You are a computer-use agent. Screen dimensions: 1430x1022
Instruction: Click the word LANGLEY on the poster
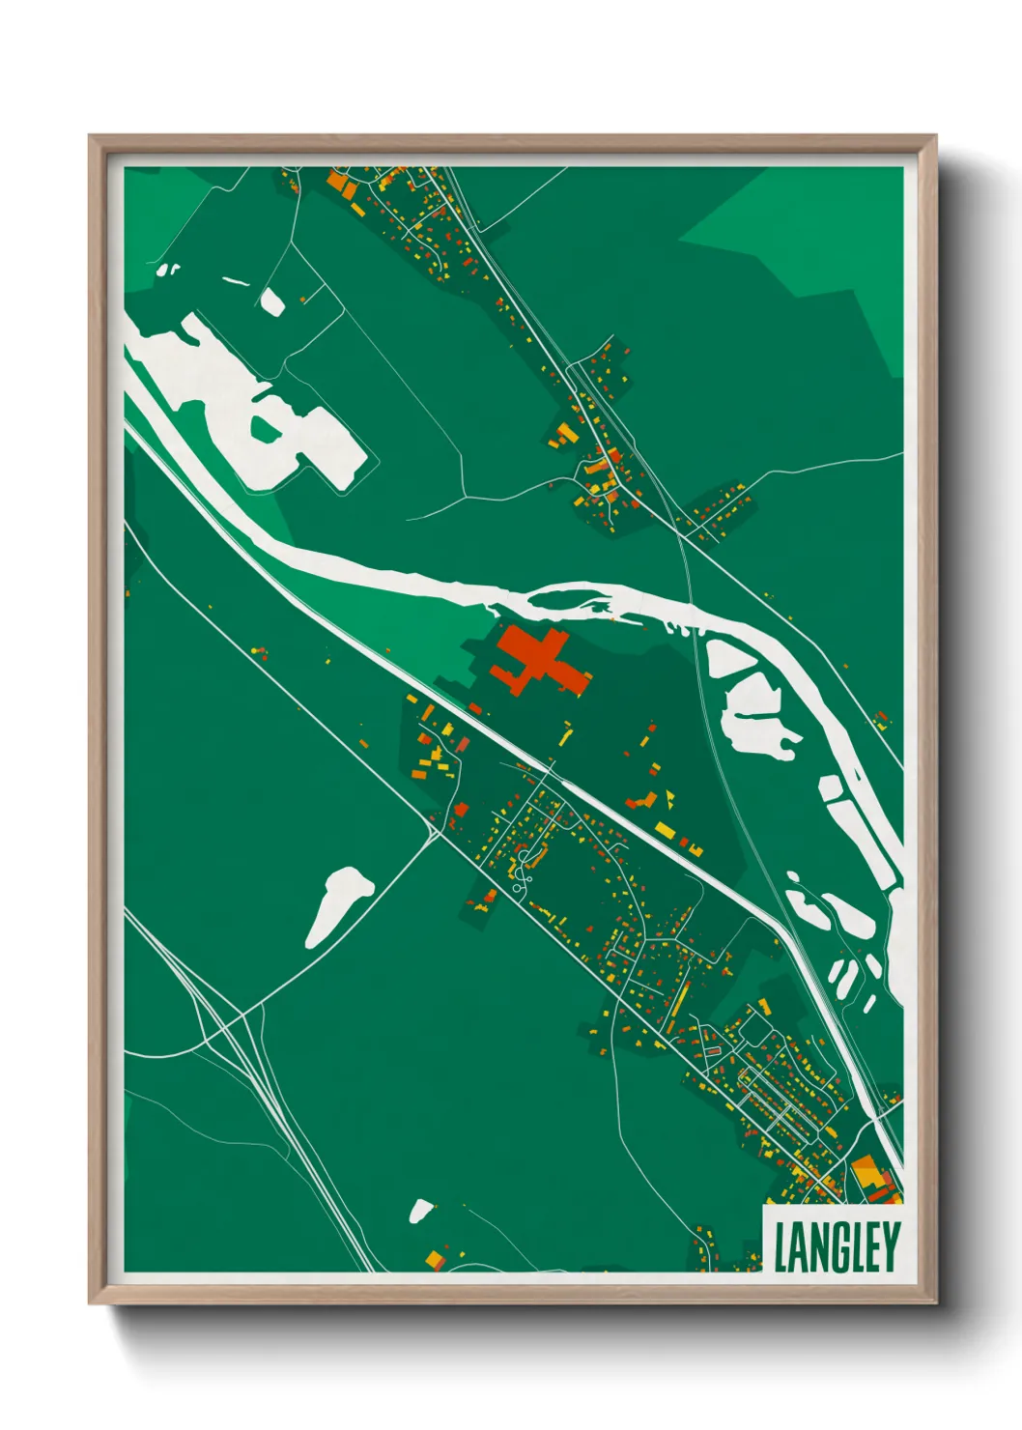pyautogui.click(x=837, y=1246)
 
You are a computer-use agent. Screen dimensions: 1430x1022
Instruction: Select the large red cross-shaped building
pyautogui.click(x=537, y=662)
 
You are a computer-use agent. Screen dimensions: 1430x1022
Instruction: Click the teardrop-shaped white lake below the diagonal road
pyautogui.click(x=338, y=903)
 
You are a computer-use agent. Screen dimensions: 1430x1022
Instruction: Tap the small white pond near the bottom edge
pyautogui.click(x=421, y=1210)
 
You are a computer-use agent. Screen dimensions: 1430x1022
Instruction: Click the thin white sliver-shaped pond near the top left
pyautogui.click(x=235, y=283)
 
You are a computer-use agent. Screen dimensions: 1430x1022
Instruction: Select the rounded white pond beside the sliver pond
pyautogui.click(x=271, y=302)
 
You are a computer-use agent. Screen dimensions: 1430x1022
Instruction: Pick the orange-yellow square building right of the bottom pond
pyautogui.click(x=436, y=1258)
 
